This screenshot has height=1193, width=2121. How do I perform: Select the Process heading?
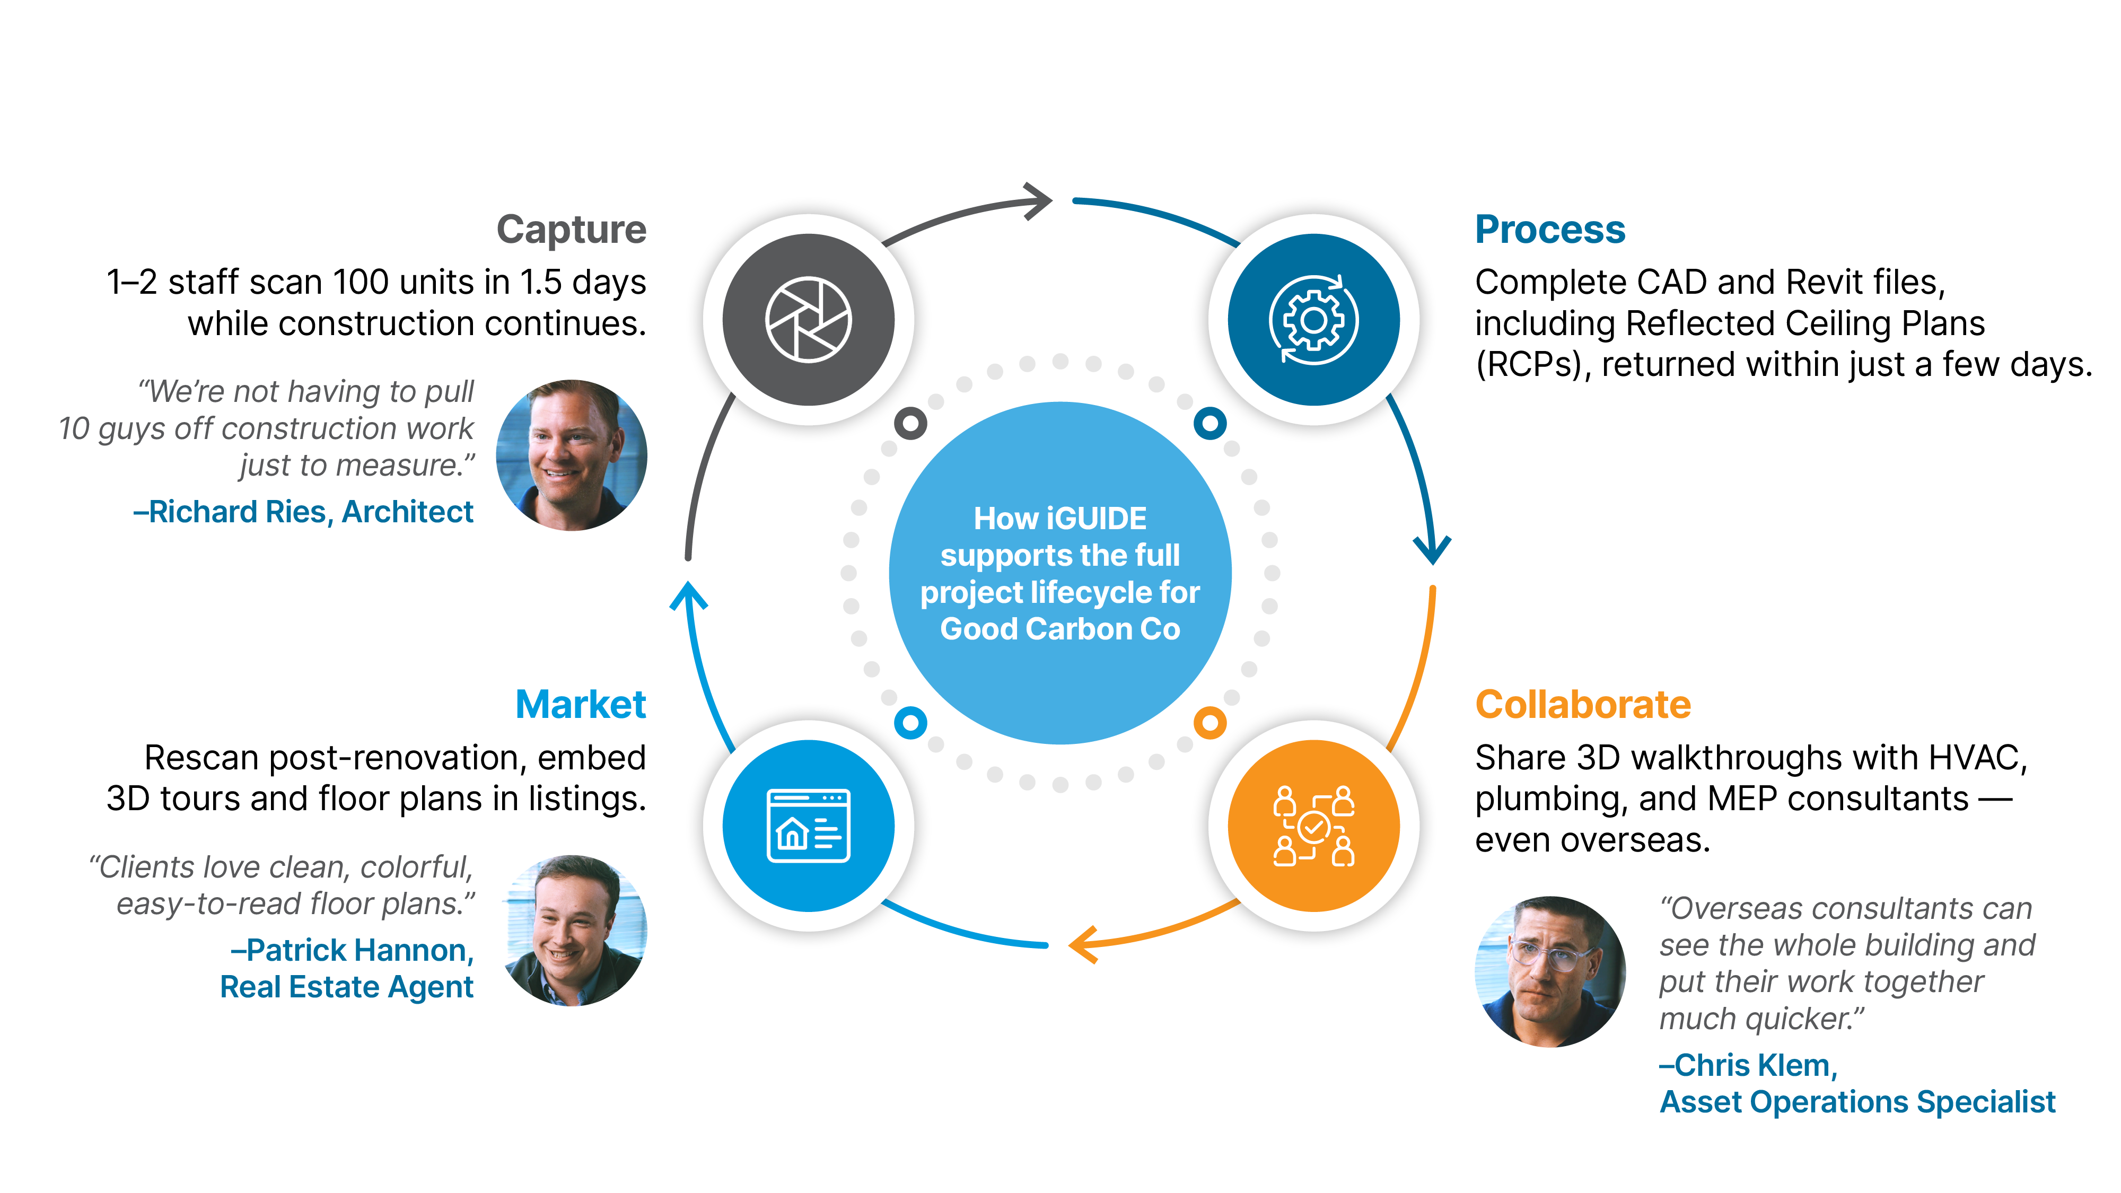(1549, 229)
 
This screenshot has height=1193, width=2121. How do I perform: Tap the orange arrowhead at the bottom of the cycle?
(1083, 944)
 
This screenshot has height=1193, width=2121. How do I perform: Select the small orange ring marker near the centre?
(1209, 723)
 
